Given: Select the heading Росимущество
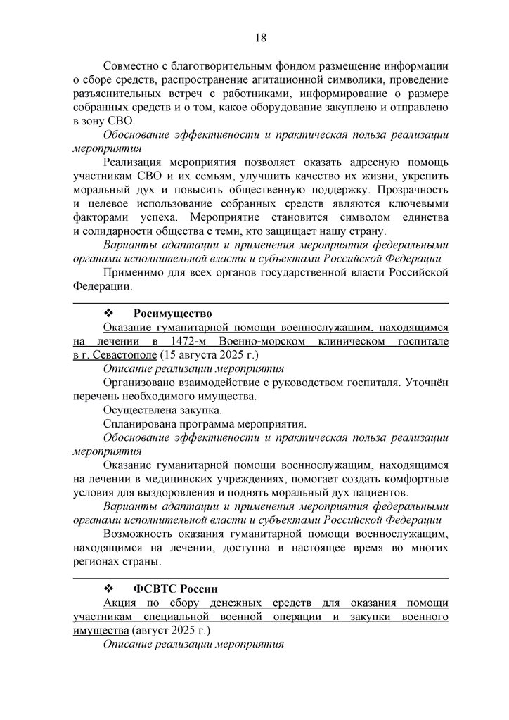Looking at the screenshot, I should [x=173, y=313].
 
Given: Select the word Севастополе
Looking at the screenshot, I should [x=117, y=354].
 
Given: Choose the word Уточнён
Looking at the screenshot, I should [x=428, y=382].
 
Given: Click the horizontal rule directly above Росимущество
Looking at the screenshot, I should [x=260, y=302].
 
